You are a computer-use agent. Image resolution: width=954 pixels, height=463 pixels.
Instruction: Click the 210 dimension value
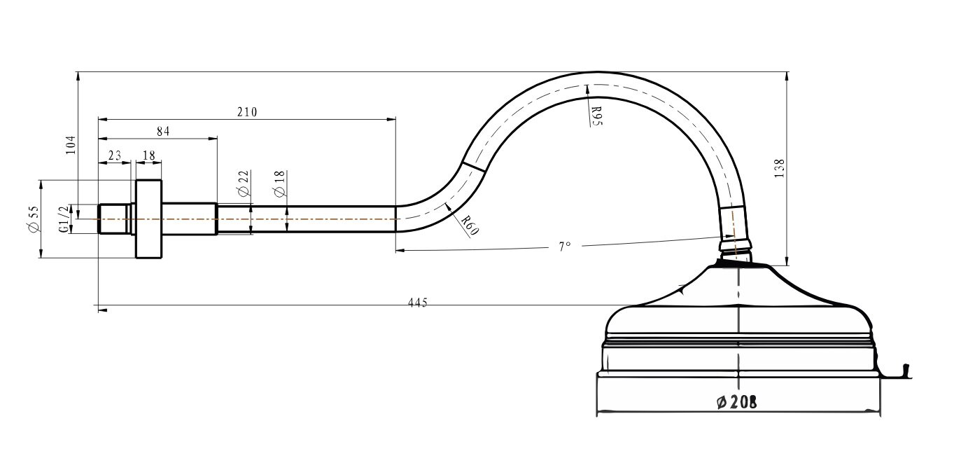pos(247,112)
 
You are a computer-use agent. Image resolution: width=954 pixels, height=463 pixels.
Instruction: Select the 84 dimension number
pos(163,131)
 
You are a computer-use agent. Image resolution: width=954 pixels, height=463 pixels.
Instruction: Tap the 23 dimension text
pos(115,156)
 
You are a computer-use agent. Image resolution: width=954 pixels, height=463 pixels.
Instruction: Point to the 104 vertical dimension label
pos(71,145)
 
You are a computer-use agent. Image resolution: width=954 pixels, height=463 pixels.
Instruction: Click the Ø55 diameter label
pos(33,219)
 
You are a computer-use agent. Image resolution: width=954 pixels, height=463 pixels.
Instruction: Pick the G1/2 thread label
pos(64,219)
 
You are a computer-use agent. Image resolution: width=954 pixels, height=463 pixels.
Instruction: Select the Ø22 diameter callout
pos(243,184)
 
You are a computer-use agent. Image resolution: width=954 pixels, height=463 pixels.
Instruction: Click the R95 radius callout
pos(596,116)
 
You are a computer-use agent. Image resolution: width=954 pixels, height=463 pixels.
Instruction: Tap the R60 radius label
pos(470,225)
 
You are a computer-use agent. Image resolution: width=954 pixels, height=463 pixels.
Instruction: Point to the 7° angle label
pos(565,247)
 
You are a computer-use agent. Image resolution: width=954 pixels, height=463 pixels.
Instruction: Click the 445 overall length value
pos(417,303)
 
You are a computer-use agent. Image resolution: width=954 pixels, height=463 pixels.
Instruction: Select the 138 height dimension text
pos(780,168)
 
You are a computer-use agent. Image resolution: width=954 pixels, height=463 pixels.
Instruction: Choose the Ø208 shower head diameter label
pos(737,402)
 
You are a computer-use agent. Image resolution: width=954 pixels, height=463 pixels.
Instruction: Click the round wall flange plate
pos(148,219)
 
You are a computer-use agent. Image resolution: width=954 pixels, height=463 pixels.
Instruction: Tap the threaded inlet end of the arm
pos(114,219)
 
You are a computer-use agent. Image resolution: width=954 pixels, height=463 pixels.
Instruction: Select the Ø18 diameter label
pos(280,184)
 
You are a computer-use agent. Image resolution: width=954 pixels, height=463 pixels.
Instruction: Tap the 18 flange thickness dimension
pos(149,156)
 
